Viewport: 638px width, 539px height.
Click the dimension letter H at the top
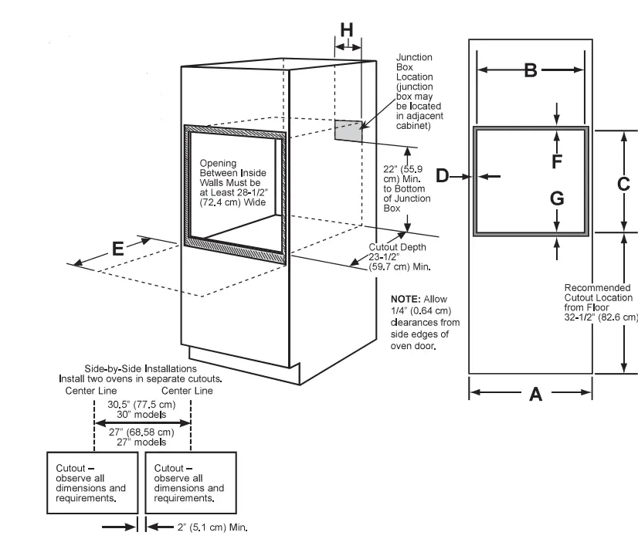(347, 29)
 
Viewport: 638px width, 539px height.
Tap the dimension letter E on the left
(117, 249)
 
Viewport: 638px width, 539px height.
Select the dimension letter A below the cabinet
(535, 395)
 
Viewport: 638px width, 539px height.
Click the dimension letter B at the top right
(531, 70)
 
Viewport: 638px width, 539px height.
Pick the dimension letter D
(442, 176)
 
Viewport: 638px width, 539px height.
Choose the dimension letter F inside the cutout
(556, 161)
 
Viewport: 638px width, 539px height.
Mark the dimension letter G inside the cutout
(556, 198)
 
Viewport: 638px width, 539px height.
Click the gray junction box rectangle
(348, 131)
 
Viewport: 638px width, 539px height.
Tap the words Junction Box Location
(414, 67)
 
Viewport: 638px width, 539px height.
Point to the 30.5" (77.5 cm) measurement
(141, 405)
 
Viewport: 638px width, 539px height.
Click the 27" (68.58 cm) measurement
(141, 432)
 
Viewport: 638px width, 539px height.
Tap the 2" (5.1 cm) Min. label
(212, 528)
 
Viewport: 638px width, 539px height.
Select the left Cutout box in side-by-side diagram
(91, 483)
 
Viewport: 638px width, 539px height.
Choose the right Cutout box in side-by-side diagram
(190, 483)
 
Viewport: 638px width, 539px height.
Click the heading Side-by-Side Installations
(141, 369)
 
